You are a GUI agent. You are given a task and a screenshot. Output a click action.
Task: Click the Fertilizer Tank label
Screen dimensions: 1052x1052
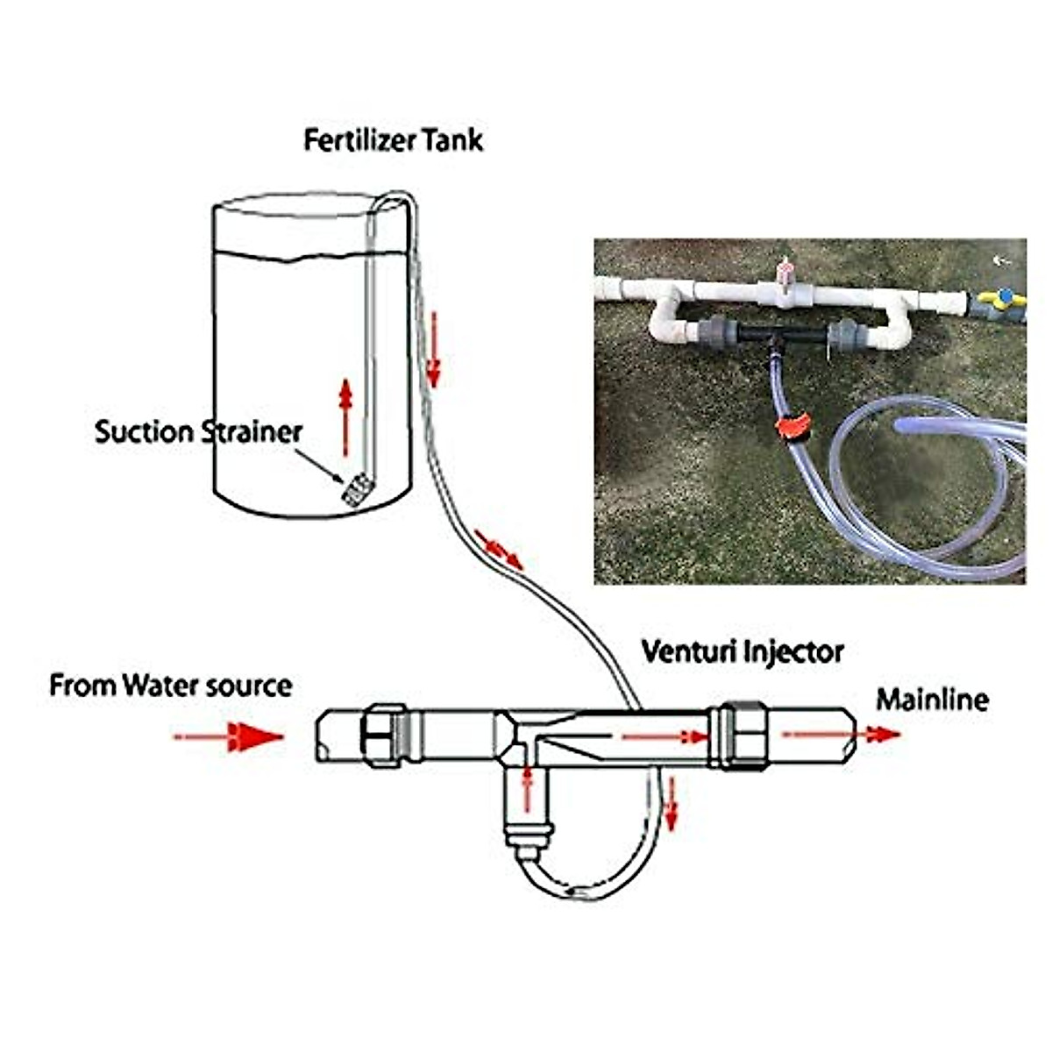pyautogui.click(x=393, y=139)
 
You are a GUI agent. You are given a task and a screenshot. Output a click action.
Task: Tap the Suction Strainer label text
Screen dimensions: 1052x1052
pyautogui.click(x=198, y=431)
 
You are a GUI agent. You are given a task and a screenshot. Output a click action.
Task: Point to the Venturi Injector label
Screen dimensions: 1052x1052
pyautogui.click(x=743, y=651)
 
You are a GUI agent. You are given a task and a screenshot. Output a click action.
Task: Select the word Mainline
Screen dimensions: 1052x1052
pyautogui.click(x=932, y=700)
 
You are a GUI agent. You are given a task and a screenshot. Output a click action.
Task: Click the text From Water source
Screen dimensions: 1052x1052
pyautogui.click(x=170, y=685)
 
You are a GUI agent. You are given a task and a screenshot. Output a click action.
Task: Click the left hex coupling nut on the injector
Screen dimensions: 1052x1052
pyautogui.click(x=383, y=735)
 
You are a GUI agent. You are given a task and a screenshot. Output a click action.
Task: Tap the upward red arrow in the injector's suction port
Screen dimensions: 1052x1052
pyautogui.click(x=527, y=788)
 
